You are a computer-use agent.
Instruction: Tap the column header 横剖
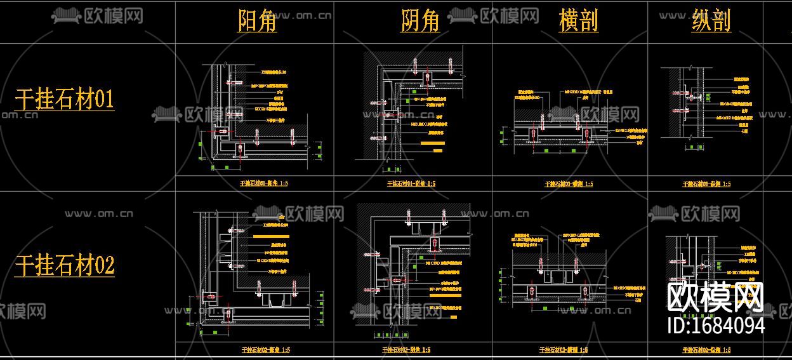[578, 21]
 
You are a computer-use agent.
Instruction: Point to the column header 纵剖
[711, 21]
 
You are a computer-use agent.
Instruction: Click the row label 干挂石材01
[64, 99]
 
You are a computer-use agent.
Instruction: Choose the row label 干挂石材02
[64, 265]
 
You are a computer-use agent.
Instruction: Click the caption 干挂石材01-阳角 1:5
[264, 183]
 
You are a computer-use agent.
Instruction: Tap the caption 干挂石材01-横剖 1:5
[569, 184]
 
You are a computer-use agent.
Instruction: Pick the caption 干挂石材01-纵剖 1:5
[706, 184]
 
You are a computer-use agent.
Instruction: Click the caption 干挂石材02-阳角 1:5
[265, 349]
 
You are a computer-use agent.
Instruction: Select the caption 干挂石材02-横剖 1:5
[562, 349]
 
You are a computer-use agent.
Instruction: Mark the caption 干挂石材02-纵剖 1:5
[706, 349]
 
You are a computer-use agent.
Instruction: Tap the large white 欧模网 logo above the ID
[716, 297]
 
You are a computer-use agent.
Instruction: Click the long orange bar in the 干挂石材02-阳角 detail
[270, 236]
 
